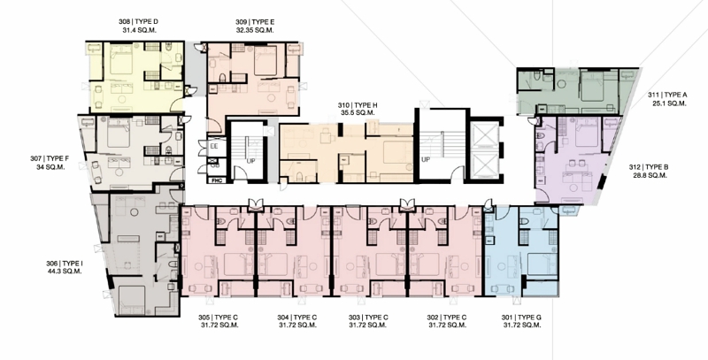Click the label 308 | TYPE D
tap(138, 21)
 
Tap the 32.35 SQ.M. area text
tap(255, 30)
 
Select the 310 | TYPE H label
tap(358, 105)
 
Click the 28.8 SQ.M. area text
tap(650, 175)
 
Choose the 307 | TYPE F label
tap(50, 159)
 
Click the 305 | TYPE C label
tap(218, 318)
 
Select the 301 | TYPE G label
tap(521, 318)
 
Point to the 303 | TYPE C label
tap(368, 318)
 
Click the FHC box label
tap(216, 180)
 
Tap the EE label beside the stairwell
tap(214, 146)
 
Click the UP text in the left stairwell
tap(251, 161)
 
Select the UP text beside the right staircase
tap(426, 160)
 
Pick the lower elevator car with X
tap(483, 165)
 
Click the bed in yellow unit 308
tap(120, 59)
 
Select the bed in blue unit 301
tap(543, 264)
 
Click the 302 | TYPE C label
tap(447, 318)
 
